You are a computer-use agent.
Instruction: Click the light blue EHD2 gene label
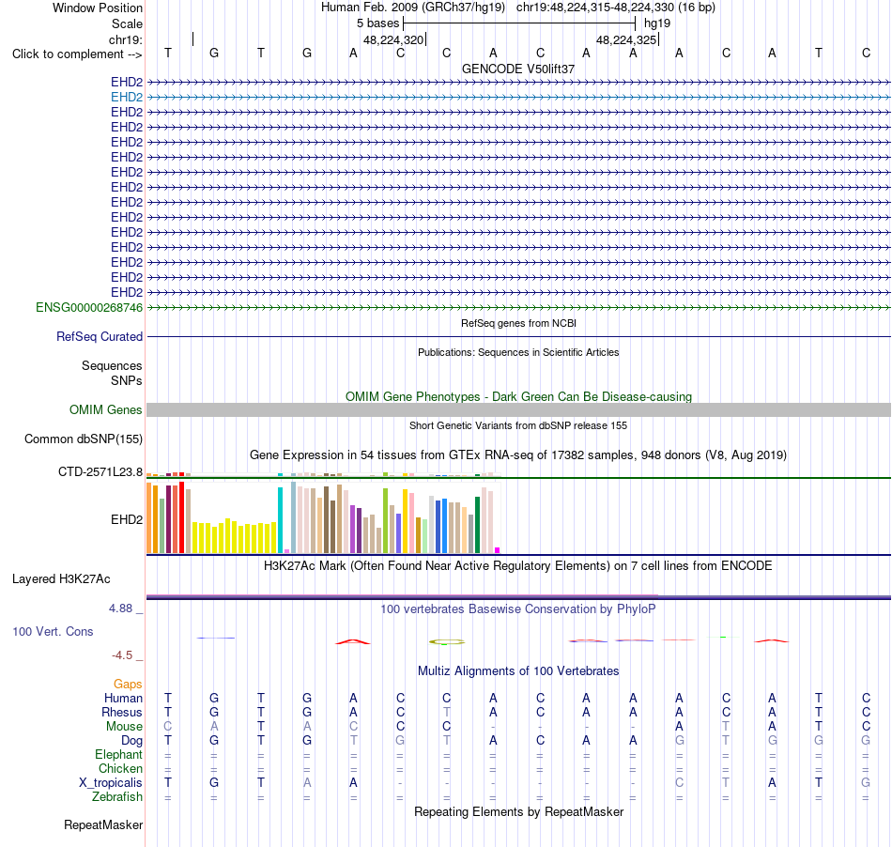(127, 98)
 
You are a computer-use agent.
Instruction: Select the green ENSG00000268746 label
(89, 308)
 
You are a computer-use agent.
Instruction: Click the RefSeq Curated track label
(100, 337)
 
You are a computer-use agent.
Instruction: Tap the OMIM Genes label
(106, 409)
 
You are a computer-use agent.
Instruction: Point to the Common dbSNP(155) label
(84, 439)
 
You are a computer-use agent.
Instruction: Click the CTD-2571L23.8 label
(100, 472)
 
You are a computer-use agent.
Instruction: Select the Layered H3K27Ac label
(61, 579)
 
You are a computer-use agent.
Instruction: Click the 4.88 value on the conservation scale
(120, 608)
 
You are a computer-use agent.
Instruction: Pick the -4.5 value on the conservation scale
(122, 655)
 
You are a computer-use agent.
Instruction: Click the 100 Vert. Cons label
(53, 631)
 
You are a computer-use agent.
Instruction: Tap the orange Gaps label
(128, 685)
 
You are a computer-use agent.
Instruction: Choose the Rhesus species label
(122, 712)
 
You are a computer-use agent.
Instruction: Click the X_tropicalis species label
(111, 783)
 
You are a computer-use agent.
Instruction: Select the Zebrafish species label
(117, 797)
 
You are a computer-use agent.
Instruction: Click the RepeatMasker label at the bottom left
(103, 824)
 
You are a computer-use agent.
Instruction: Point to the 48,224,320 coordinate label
(393, 39)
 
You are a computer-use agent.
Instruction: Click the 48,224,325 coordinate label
(626, 39)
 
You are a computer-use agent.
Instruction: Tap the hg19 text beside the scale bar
(657, 23)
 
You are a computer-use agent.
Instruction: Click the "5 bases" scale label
(378, 23)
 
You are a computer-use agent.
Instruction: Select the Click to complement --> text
(77, 54)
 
